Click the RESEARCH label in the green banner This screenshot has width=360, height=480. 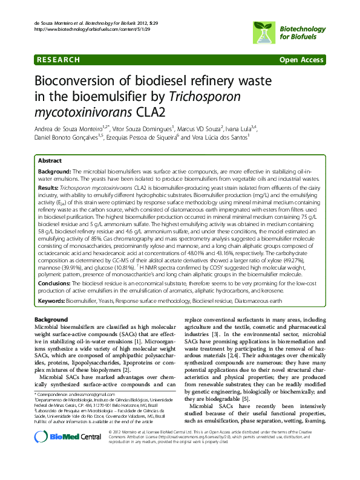point(58,60)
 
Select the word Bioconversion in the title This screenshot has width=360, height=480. point(85,81)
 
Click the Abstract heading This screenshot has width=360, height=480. point(50,161)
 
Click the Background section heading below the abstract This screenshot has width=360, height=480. point(51,319)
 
